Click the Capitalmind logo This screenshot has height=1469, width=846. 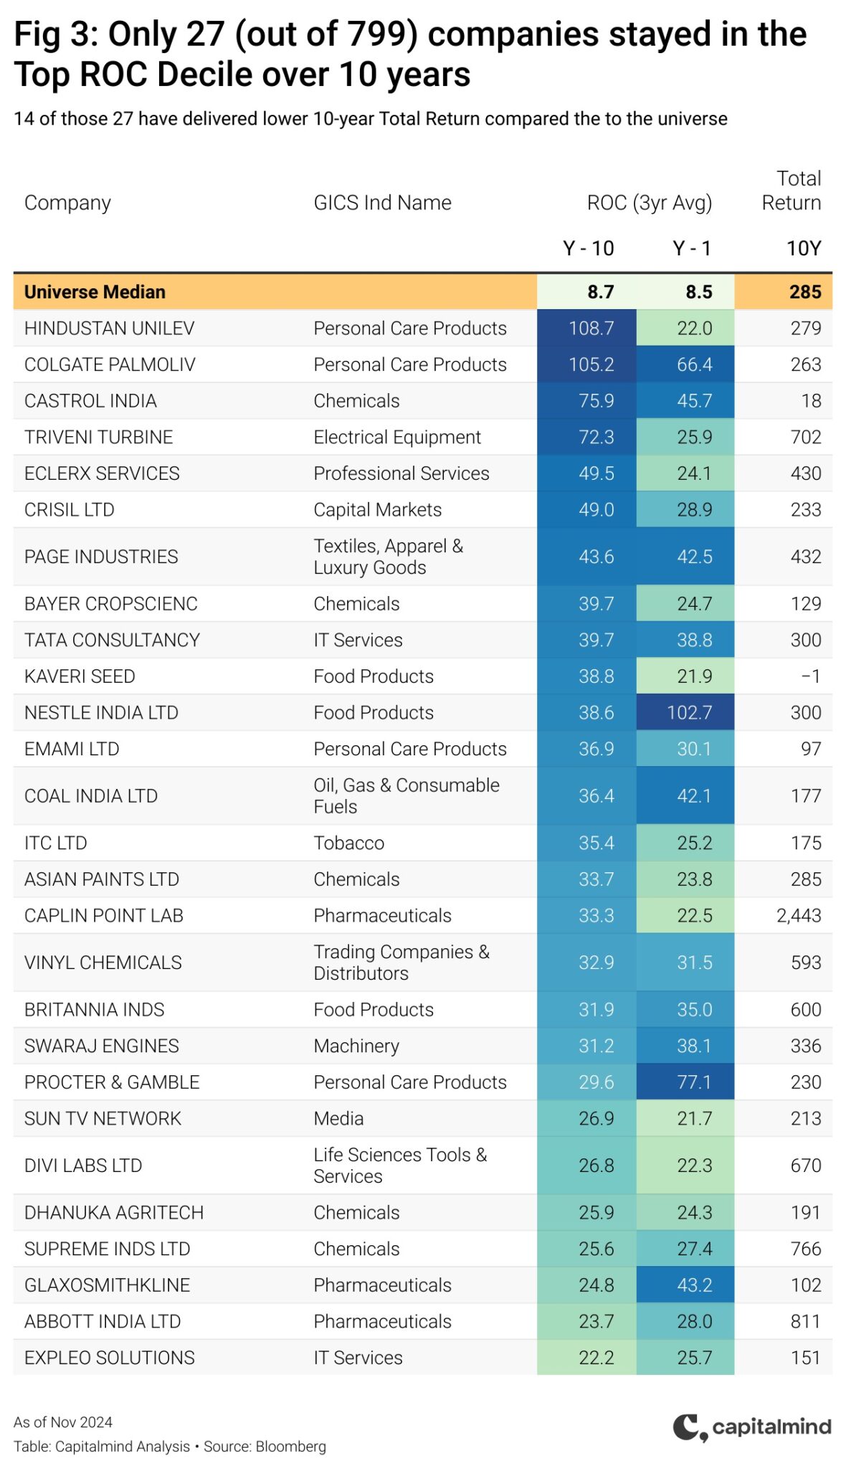click(751, 1427)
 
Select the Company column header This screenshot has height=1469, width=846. click(67, 203)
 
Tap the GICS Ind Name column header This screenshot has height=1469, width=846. click(382, 203)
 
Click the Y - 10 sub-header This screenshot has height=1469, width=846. click(588, 248)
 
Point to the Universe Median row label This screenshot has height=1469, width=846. click(95, 292)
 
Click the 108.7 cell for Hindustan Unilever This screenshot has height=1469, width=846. click(591, 329)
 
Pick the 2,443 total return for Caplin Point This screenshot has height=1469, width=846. click(799, 916)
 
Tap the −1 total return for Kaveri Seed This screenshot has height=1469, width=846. click(810, 676)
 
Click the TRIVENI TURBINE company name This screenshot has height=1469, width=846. click(98, 438)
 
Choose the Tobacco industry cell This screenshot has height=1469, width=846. click(348, 844)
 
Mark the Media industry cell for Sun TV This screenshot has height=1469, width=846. click(338, 1119)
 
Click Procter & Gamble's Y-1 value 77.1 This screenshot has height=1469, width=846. click(695, 1082)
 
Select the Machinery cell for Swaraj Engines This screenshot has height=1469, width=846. click(356, 1047)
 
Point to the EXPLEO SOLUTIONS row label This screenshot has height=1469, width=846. click(110, 1358)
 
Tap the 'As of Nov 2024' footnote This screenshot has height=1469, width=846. click(63, 1422)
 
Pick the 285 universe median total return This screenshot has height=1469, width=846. click(805, 292)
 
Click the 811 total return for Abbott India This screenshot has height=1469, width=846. click(806, 1322)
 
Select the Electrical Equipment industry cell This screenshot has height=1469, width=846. click(397, 438)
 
